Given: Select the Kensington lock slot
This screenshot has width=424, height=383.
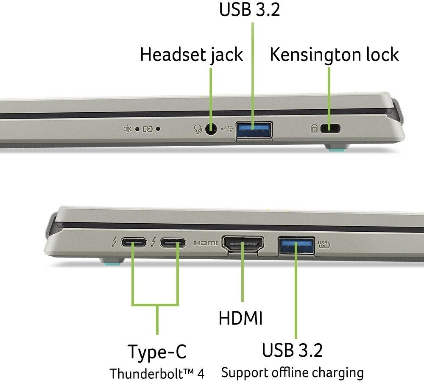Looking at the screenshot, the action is (331, 128).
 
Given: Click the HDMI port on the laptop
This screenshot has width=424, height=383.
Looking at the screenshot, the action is (243, 245).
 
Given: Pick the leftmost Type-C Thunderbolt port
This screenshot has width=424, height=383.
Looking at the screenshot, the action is (134, 243).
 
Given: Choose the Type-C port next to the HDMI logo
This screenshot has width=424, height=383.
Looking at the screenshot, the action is (173, 243).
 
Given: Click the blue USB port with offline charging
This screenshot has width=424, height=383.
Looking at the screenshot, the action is (296, 245).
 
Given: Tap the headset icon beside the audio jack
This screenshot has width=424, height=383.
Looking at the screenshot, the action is (197, 129).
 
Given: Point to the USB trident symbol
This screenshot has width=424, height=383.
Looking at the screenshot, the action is (226, 128).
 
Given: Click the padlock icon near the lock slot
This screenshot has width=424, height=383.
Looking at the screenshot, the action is (314, 128).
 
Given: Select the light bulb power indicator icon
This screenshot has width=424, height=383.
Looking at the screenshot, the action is (127, 128).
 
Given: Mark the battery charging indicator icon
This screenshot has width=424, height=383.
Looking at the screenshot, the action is (148, 128).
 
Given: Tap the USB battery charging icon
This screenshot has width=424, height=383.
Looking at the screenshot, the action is (324, 244).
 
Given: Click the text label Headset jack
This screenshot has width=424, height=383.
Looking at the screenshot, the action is (191, 55).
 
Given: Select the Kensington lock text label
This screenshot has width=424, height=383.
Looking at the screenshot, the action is (334, 55).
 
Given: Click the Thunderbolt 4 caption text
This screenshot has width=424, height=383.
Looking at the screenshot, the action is (157, 374).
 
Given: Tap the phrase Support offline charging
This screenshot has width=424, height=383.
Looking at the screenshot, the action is (293, 373).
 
